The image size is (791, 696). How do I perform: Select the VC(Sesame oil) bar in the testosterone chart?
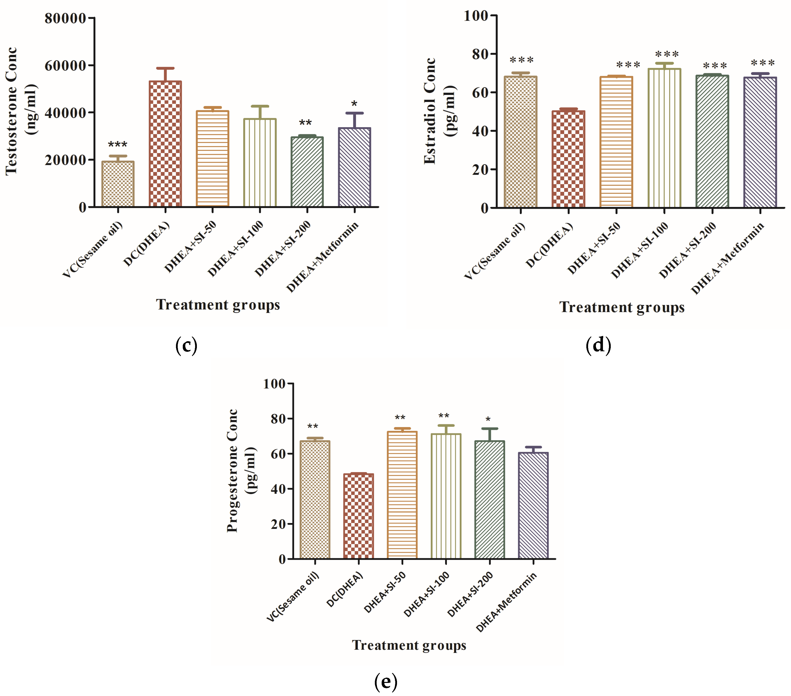(x=118, y=184)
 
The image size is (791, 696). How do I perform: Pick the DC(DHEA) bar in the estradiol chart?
(x=568, y=159)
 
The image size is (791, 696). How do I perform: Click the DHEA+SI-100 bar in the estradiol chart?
(x=664, y=138)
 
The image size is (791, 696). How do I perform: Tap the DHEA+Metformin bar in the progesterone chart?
(x=533, y=506)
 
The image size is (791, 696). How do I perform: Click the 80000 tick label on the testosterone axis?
(x=65, y=18)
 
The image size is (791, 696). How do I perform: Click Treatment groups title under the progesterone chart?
(x=409, y=645)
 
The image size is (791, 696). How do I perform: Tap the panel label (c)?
(x=186, y=345)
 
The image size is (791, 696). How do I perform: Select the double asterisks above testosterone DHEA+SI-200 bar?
(x=305, y=123)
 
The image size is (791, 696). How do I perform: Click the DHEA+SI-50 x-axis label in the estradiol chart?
(x=594, y=249)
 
